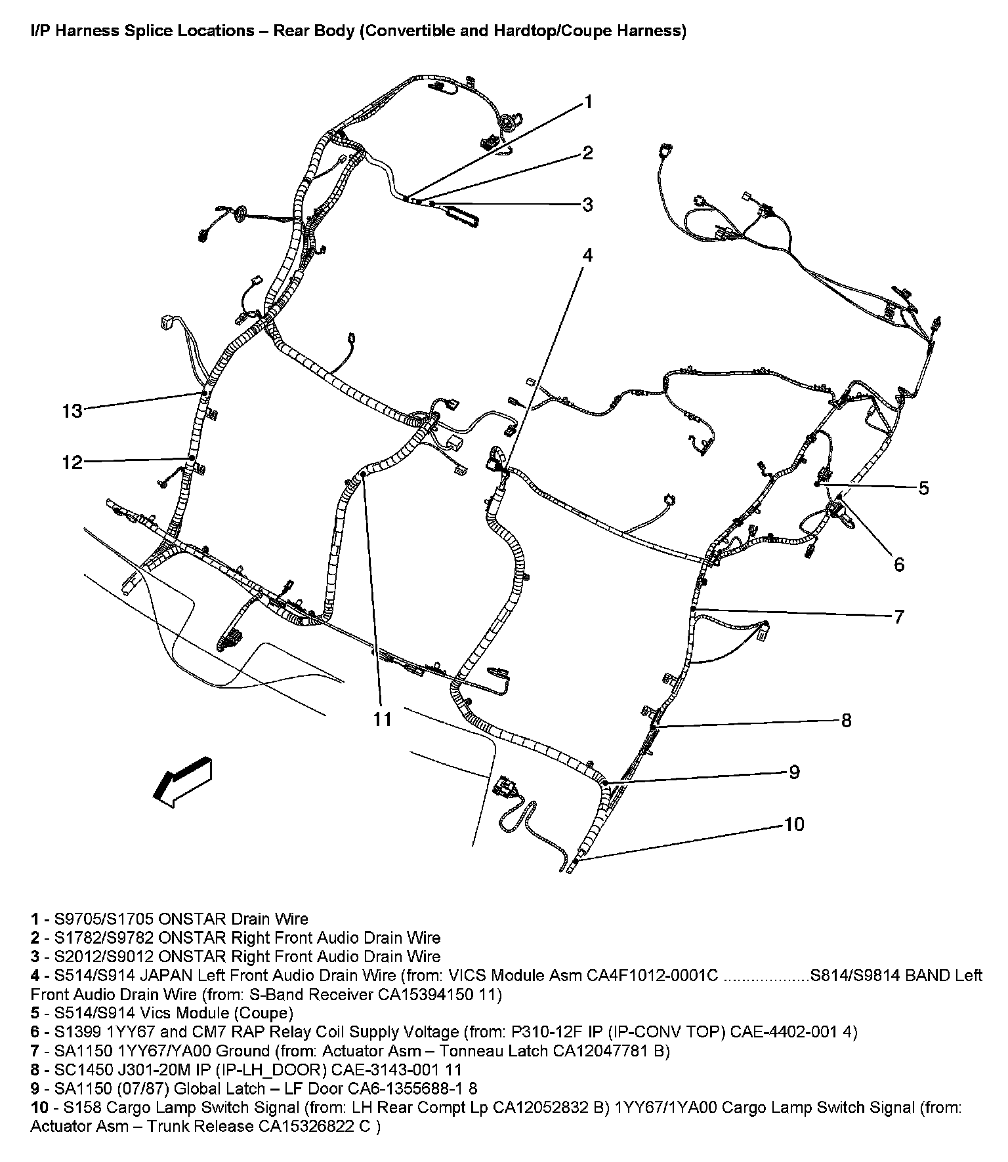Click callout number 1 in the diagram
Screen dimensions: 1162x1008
588,102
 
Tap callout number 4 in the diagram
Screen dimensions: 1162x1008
587,254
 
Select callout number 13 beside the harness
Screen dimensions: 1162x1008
72,411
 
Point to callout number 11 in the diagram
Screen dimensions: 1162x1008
383,719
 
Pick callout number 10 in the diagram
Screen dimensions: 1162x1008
794,824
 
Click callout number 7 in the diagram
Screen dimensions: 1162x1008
898,616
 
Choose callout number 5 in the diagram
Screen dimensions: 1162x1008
923,488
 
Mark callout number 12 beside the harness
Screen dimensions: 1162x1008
72,462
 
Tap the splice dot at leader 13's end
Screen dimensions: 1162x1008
203,393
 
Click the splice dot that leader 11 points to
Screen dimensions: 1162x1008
362,473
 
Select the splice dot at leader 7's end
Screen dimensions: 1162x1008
693,610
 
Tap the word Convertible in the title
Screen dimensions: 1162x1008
408,31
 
